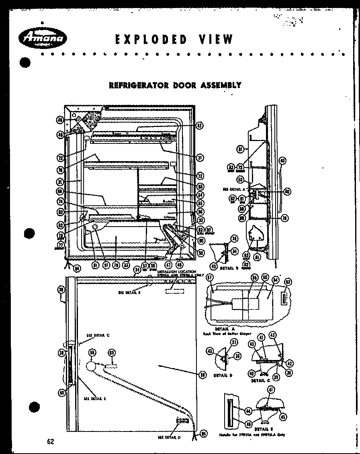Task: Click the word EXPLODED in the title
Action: pos(151,39)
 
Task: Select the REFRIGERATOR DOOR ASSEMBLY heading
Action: pos(175,85)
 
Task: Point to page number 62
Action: pos(50,442)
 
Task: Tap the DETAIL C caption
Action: pos(261,380)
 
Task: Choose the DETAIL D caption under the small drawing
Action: pos(223,375)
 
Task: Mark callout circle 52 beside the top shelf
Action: pos(199,125)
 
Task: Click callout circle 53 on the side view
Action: pos(241,179)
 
